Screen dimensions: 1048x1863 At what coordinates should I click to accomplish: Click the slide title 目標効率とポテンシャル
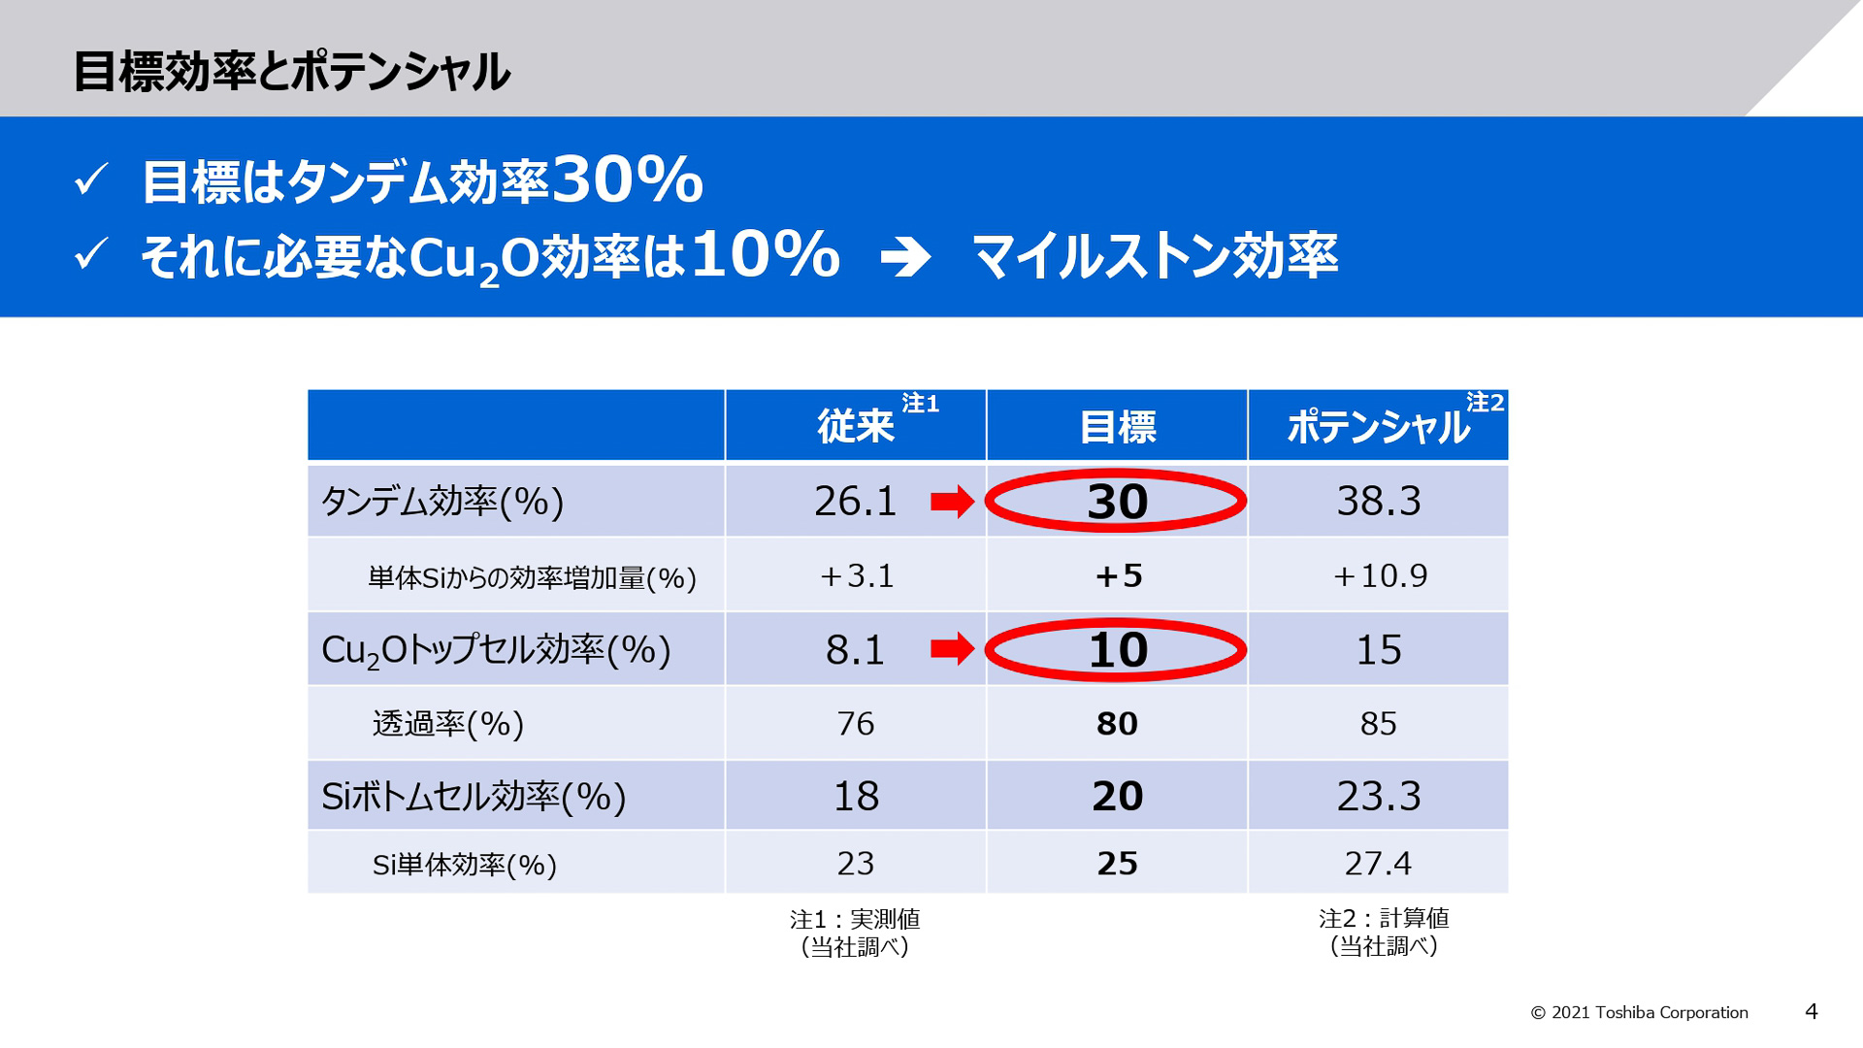pos(291,72)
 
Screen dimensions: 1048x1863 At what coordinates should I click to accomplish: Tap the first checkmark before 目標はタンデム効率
pos(91,180)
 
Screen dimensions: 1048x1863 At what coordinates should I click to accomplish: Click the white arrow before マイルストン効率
pos(905,257)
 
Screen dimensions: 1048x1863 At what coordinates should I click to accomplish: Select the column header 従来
pos(855,427)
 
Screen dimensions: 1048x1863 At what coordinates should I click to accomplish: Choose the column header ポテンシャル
pos(1378,427)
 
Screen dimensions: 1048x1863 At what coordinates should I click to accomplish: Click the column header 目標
pos(1118,427)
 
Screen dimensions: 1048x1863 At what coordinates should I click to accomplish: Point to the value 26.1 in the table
pos(855,501)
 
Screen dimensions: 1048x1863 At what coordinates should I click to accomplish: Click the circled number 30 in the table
pos(1117,502)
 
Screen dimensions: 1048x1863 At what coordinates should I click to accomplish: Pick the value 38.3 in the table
pos(1378,501)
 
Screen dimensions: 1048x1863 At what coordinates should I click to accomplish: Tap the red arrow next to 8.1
pos(952,648)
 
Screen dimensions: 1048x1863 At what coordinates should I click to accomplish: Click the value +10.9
pos(1379,575)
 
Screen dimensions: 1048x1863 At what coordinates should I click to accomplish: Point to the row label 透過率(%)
pos(447,724)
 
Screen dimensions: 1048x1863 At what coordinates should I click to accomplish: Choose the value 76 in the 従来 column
pos(855,724)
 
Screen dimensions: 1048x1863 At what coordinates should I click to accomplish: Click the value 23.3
pos(1378,797)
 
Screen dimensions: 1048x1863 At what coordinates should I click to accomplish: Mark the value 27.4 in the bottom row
pos(1378,864)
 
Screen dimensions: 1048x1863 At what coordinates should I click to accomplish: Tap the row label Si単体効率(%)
pos(464,865)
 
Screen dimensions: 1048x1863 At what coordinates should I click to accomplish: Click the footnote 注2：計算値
pos(1384,919)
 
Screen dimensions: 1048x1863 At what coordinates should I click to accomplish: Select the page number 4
pos(1811,1012)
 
